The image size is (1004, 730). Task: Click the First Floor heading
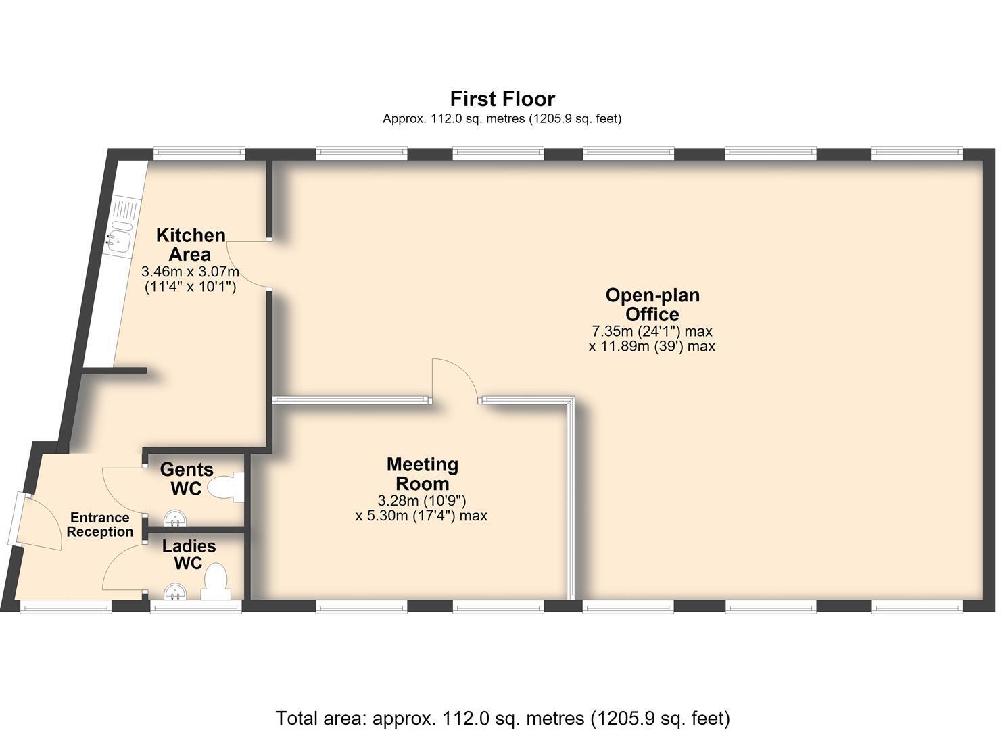(502, 99)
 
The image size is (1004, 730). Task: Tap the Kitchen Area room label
(191, 245)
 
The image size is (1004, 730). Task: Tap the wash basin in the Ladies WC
(175, 591)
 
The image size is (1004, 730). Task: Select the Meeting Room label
(423, 474)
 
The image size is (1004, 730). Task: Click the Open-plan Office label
(652, 305)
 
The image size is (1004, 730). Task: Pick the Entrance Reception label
(99, 525)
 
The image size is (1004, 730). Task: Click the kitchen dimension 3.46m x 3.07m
(190, 272)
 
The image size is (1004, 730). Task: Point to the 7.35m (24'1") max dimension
(652, 332)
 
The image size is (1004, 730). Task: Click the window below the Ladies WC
(195, 607)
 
